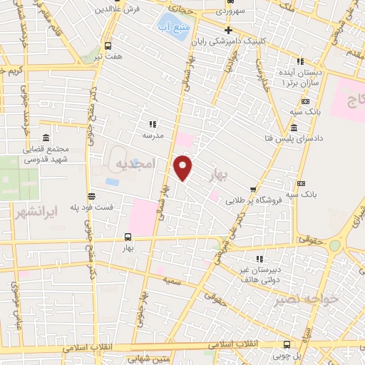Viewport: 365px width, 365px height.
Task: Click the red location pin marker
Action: point(183,168)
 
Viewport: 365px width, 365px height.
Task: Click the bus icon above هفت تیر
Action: point(108,46)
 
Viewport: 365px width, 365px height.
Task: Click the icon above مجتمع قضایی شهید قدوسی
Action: point(46,137)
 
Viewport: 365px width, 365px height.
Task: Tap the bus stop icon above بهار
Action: point(128,237)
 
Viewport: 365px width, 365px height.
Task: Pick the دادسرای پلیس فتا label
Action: point(268,136)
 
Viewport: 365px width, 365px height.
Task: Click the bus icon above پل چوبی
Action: point(287,343)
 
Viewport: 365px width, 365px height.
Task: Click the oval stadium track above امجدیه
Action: point(118,154)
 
